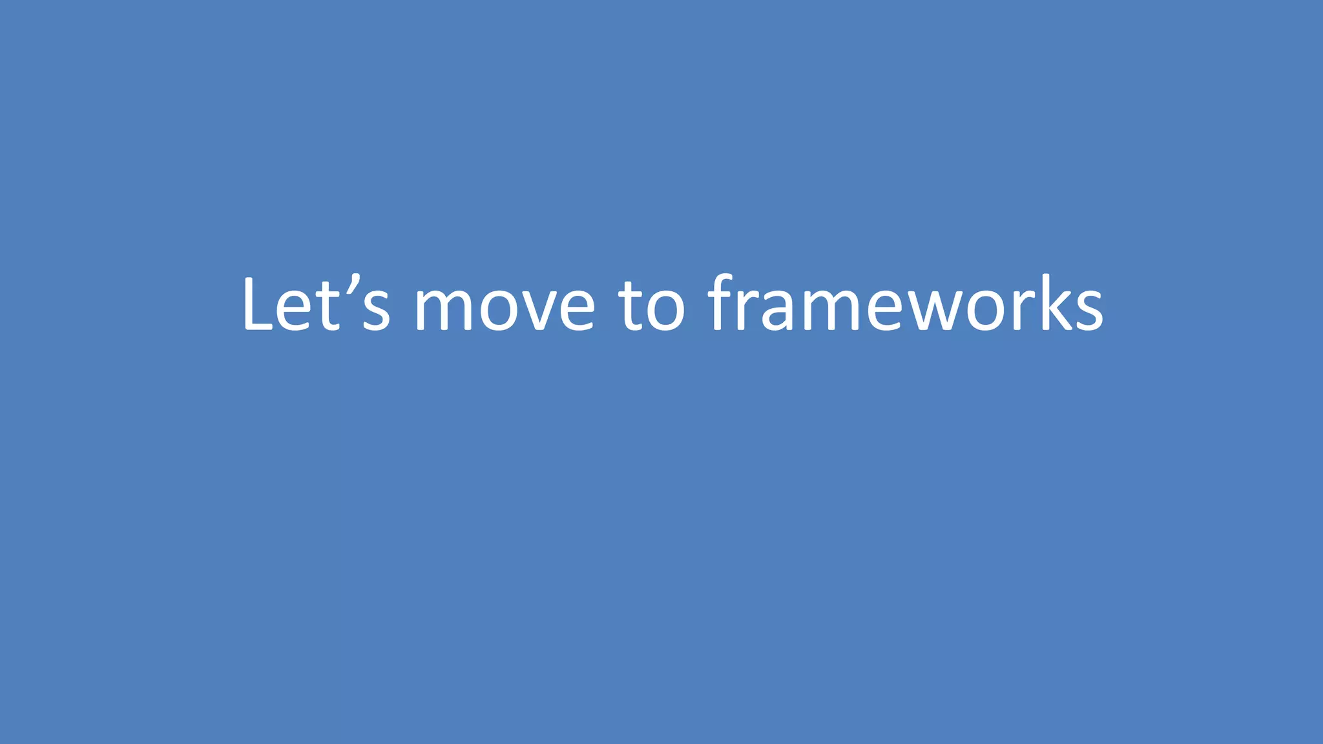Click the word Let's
point(316,304)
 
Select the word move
point(504,306)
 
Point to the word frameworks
point(905,304)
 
